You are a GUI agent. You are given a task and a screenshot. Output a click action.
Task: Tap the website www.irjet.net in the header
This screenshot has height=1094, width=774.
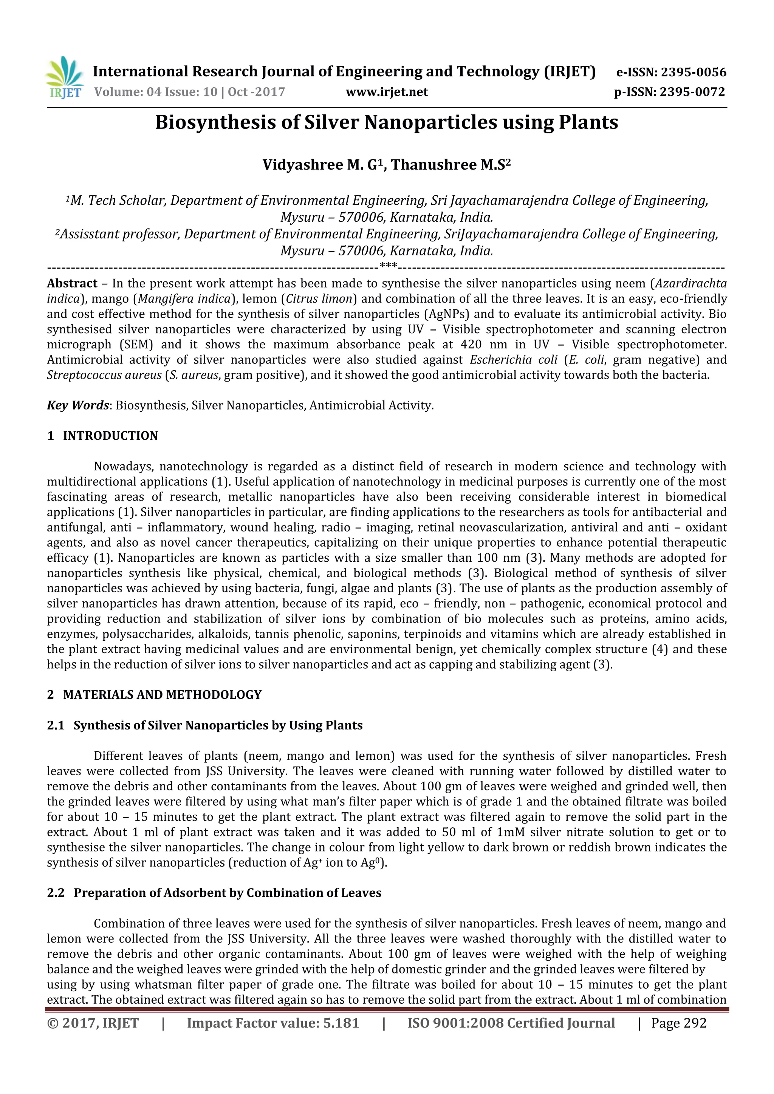[387, 92]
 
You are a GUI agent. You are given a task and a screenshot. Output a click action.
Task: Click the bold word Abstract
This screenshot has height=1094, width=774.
[72, 283]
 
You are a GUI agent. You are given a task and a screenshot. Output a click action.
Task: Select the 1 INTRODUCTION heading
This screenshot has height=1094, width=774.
[102, 436]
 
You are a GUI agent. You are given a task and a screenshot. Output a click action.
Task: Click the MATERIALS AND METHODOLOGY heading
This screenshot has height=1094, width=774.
[162, 695]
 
